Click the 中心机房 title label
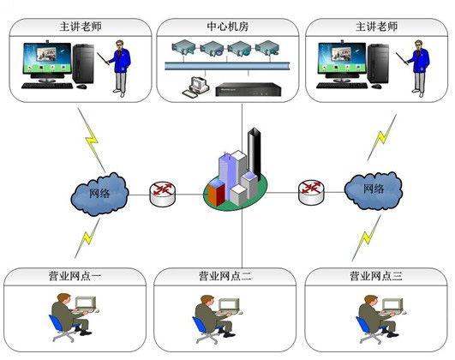coord(228,27)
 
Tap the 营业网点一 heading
coord(75,276)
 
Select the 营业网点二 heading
coord(225,276)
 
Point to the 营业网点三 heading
coord(376,276)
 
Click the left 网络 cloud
coord(99,194)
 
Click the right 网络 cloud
coord(374,190)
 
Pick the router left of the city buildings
coord(163,194)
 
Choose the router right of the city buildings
coord(311,192)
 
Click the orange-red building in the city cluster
coord(217,193)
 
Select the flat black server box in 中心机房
coord(248,89)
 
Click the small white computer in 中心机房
coord(195,87)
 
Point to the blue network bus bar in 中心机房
coord(228,66)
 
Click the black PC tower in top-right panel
coord(378,63)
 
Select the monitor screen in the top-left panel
coord(47,58)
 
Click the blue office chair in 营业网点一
coord(62,327)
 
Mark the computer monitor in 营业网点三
coord(392,304)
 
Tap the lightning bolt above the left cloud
coord(92,140)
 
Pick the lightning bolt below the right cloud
coord(366,238)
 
